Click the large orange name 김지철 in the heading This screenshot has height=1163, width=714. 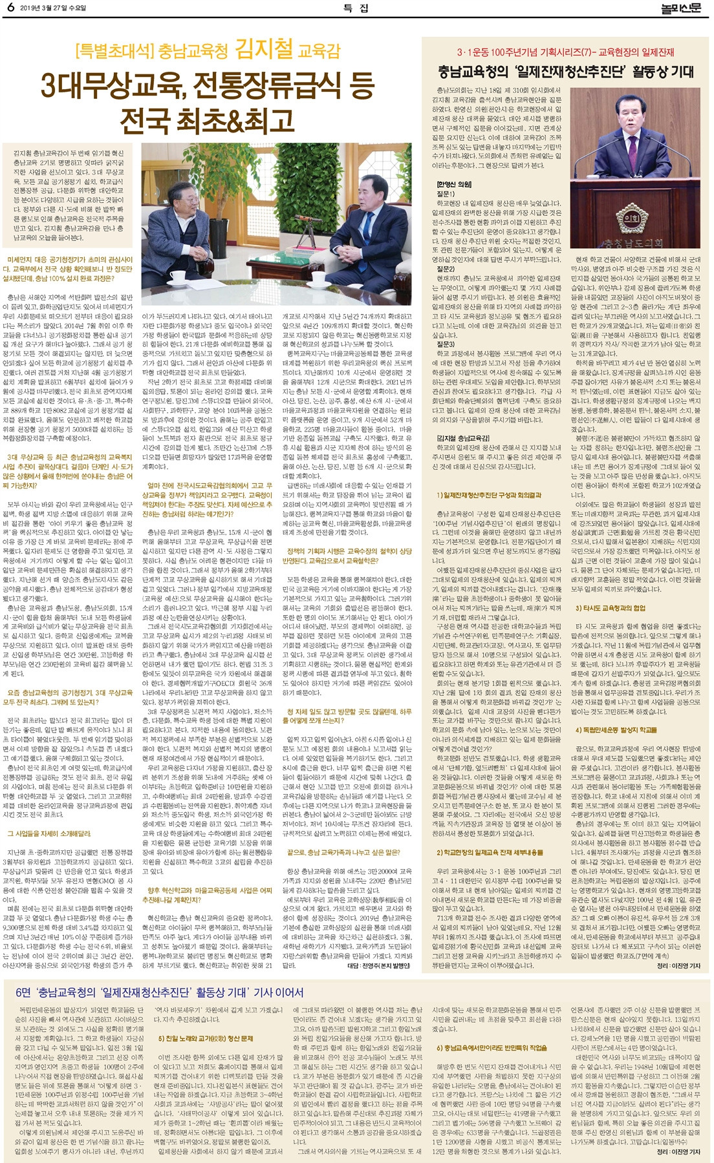click(264, 49)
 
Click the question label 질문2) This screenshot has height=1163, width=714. click(446, 268)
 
